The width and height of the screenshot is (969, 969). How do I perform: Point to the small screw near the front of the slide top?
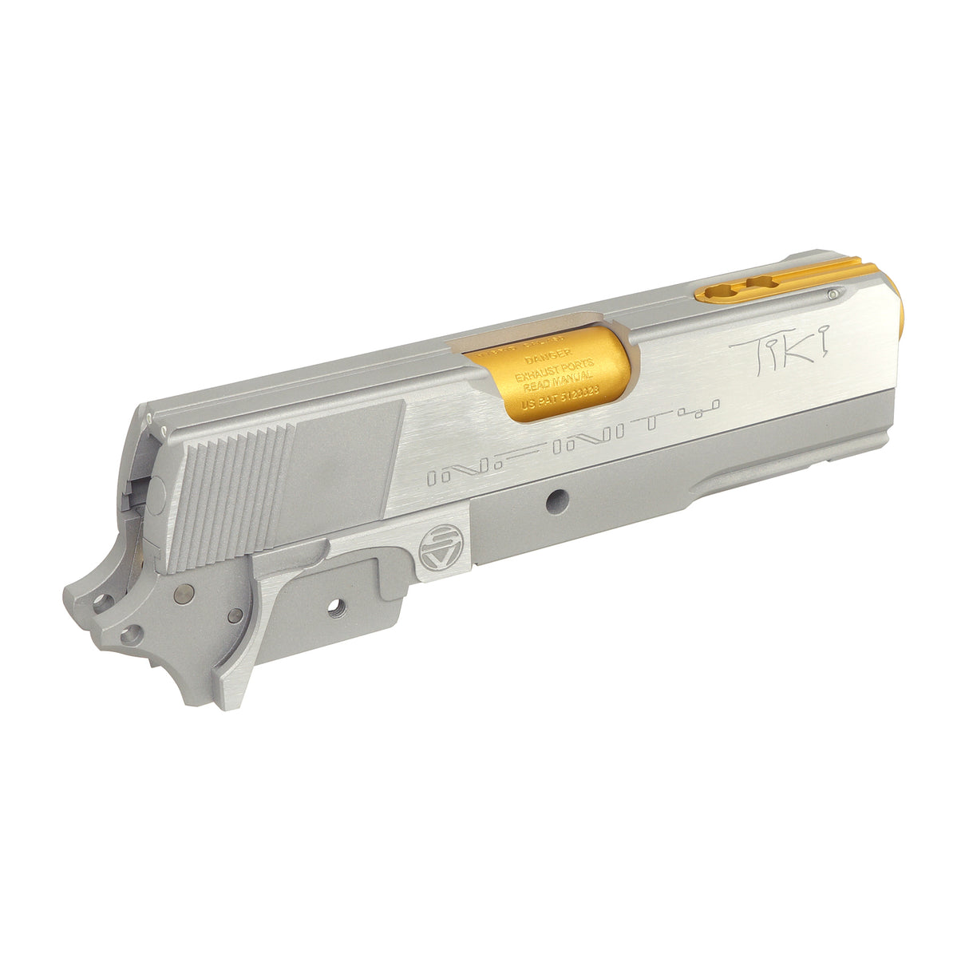[833, 294]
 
